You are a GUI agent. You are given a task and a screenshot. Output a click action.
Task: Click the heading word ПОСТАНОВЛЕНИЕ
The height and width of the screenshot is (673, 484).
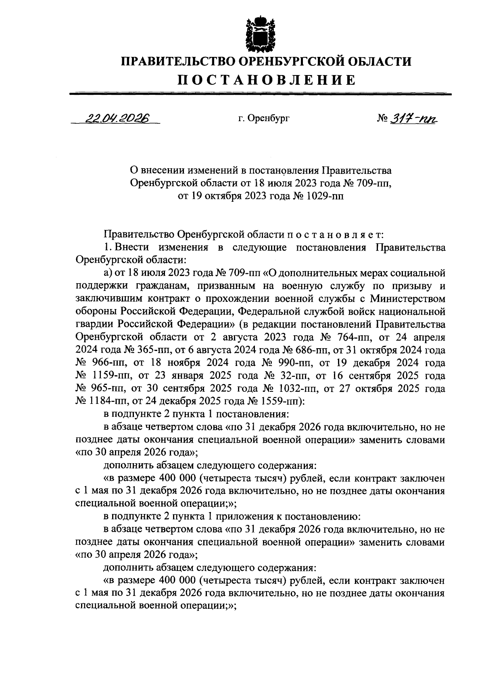coord(267,80)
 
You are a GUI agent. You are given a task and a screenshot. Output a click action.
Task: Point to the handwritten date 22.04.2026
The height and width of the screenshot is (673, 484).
coord(116,118)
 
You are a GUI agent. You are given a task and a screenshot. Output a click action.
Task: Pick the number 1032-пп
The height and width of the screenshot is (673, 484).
coord(299,389)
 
